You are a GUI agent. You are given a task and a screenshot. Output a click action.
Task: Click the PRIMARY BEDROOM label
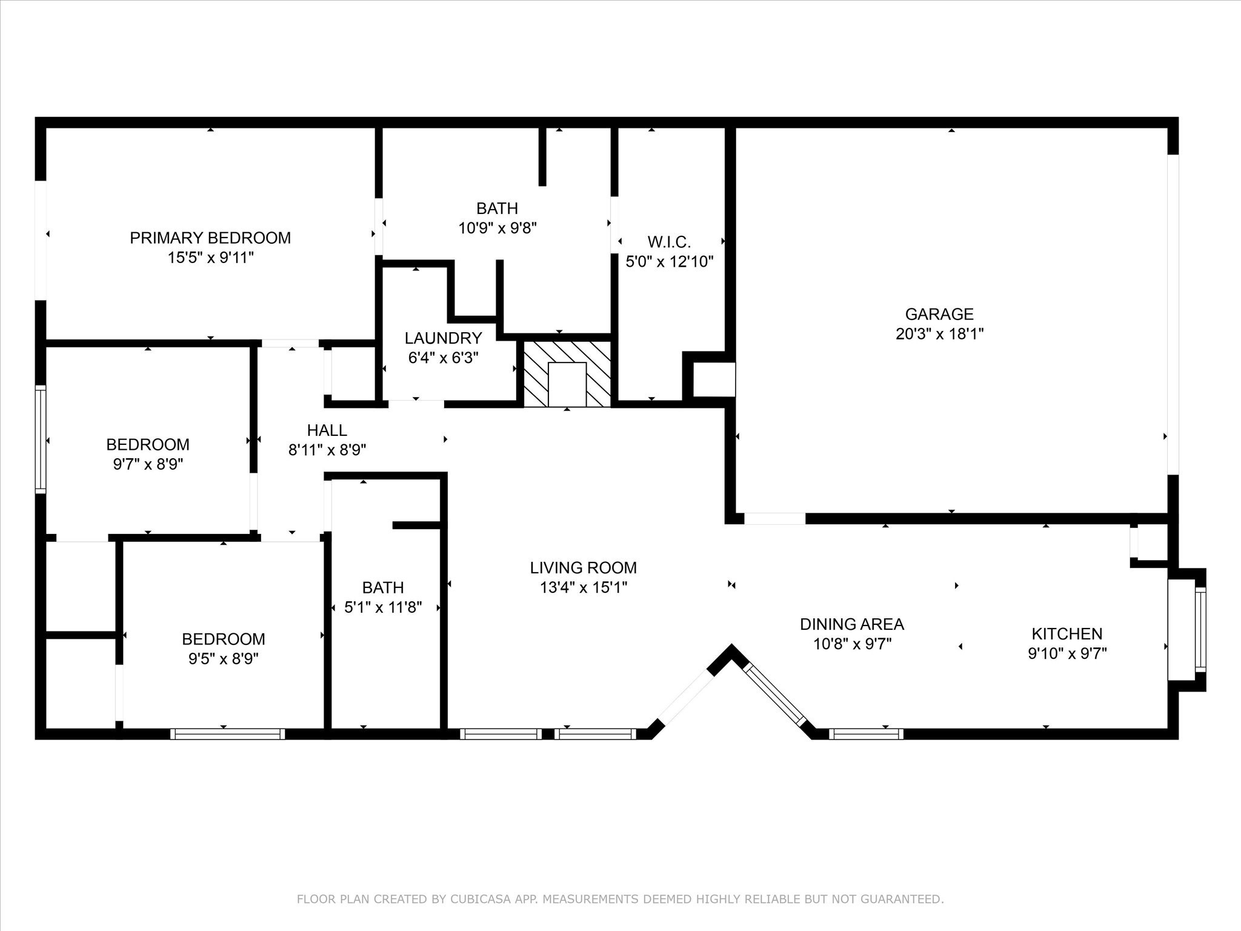(x=210, y=238)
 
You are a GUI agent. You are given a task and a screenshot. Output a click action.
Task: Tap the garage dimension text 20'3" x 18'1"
(x=939, y=334)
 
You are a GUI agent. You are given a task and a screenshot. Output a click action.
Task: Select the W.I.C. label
(x=669, y=242)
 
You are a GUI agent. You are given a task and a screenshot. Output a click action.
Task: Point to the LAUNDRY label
(x=443, y=338)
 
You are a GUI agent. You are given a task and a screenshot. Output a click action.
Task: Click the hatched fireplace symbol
(x=567, y=374)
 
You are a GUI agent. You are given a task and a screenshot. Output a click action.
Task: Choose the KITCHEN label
(x=1066, y=634)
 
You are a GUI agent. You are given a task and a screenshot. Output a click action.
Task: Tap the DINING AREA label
(x=851, y=624)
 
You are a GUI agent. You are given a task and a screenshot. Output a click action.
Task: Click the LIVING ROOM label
(x=583, y=568)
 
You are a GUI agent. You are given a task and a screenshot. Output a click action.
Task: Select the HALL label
(x=327, y=430)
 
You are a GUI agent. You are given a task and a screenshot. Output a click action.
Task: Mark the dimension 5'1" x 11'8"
(x=383, y=607)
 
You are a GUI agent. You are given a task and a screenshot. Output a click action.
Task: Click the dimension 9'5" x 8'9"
(x=223, y=659)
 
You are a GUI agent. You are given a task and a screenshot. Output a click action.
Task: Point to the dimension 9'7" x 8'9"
(x=148, y=464)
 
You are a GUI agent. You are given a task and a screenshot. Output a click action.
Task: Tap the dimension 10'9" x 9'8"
(x=497, y=229)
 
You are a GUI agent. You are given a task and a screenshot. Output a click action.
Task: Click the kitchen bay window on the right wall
(x=1200, y=629)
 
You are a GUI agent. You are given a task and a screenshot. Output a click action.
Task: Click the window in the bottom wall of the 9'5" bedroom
(x=227, y=734)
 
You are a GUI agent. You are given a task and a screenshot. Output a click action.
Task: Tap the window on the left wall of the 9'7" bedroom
(x=41, y=439)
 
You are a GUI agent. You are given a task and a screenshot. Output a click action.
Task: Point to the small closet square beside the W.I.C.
(x=713, y=379)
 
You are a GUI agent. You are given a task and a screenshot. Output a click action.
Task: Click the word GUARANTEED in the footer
(x=905, y=899)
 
